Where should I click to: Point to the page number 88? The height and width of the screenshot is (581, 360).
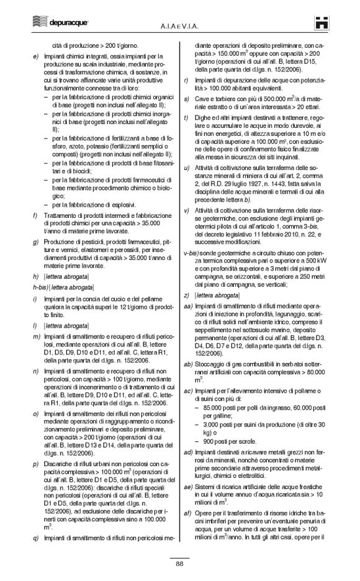pyautogui.click(x=179, y=563)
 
